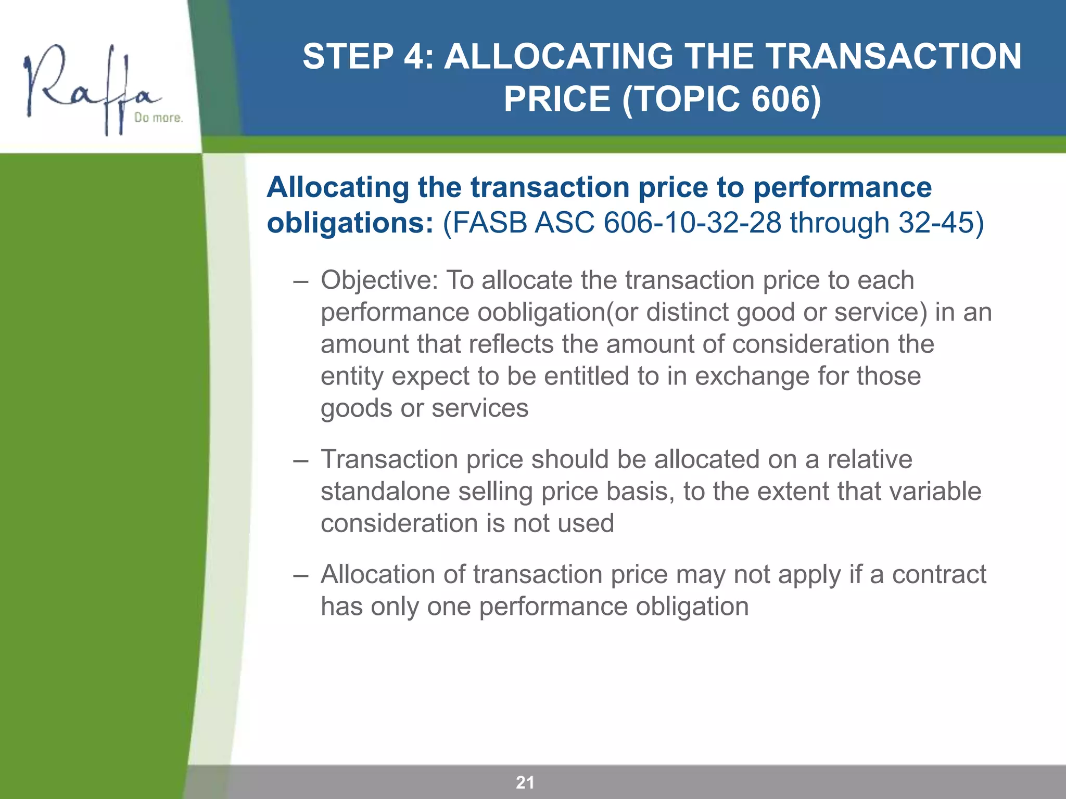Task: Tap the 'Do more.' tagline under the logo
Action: [x=158, y=118]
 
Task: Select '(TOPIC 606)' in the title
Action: [x=721, y=99]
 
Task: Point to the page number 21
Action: [x=525, y=782]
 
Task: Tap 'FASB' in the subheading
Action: [x=490, y=223]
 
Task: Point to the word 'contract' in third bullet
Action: [x=939, y=575]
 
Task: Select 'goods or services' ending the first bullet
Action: [x=424, y=408]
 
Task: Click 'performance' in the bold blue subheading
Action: [x=842, y=187]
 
